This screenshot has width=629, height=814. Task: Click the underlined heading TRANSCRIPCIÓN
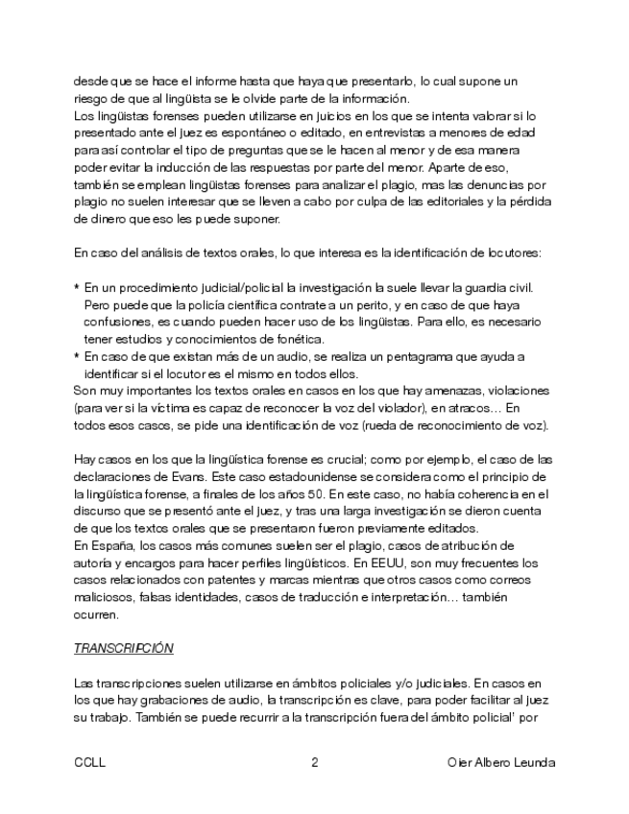(123, 648)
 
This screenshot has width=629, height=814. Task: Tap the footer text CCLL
(89, 762)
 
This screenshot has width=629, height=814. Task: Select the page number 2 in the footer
(314, 762)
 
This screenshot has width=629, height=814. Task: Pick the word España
(109, 545)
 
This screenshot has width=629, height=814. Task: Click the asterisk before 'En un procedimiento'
(77, 289)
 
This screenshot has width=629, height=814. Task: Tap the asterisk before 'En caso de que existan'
(77, 358)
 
